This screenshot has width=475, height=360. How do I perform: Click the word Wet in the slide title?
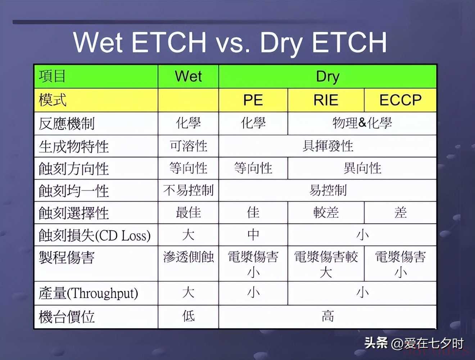point(98,42)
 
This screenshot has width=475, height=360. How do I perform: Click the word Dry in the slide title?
point(281,43)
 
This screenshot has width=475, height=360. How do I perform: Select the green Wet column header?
point(188,76)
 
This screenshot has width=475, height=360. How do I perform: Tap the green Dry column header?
point(327,76)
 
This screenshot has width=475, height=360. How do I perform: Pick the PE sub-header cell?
point(253,100)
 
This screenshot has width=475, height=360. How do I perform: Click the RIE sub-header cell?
point(326,100)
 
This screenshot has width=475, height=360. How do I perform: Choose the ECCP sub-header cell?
point(401,100)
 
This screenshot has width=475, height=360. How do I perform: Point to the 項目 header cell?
point(96,76)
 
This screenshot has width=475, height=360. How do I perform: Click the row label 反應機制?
point(67,123)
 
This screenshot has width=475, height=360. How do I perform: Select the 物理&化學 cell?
point(362,123)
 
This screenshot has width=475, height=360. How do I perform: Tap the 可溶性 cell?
point(188,146)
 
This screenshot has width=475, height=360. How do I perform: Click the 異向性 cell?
point(362,168)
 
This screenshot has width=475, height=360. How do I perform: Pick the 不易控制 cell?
point(188,190)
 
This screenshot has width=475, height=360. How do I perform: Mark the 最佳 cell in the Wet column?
point(188,212)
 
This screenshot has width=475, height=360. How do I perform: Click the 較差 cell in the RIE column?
point(326,212)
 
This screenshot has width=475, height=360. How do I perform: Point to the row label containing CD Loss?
point(95,235)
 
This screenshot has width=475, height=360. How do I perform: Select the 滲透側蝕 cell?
point(188,264)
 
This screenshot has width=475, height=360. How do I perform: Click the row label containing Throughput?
point(88,293)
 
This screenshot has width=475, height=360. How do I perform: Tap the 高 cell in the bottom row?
point(327,317)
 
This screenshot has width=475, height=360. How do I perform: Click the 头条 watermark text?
point(376,343)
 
